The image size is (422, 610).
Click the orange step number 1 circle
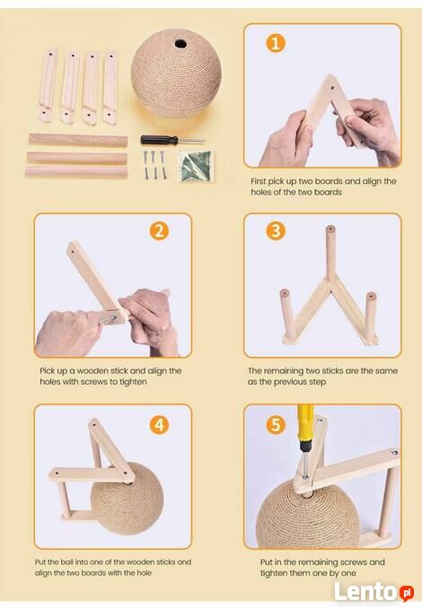click(x=276, y=43)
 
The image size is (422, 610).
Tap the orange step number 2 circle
click(x=159, y=231)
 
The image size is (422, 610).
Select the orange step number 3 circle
click(x=276, y=231)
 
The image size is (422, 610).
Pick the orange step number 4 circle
click(x=159, y=425)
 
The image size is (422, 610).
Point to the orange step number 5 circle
click(x=276, y=425)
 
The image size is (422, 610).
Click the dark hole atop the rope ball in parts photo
click(x=180, y=43)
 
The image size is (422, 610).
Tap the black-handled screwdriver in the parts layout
click(x=172, y=140)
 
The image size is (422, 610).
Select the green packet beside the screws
click(x=196, y=167)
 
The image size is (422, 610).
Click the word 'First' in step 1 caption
click(x=258, y=181)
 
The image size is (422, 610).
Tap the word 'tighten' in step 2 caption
click(x=133, y=382)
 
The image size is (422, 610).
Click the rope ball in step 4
click(x=127, y=499)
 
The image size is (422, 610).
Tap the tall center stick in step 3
click(x=330, y=253)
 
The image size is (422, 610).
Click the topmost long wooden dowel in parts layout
click(x=78, y=140)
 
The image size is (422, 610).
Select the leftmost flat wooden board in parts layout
click(x=48, y=85)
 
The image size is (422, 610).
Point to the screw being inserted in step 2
click(x=108, y=319)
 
